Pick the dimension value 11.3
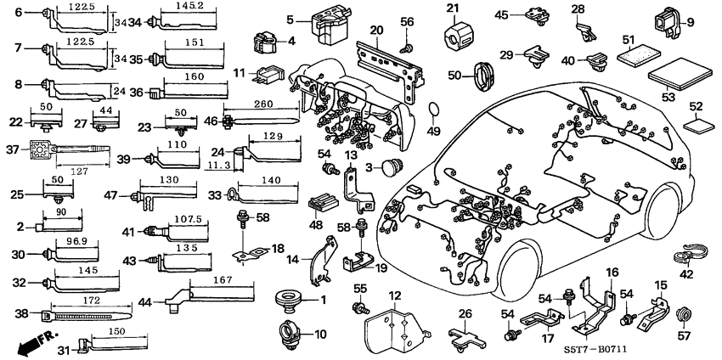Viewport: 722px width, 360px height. (x=218, y=166)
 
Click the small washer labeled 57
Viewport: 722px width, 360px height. (x=684, y=318)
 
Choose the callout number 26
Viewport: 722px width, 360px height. (x=465, y=314)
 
